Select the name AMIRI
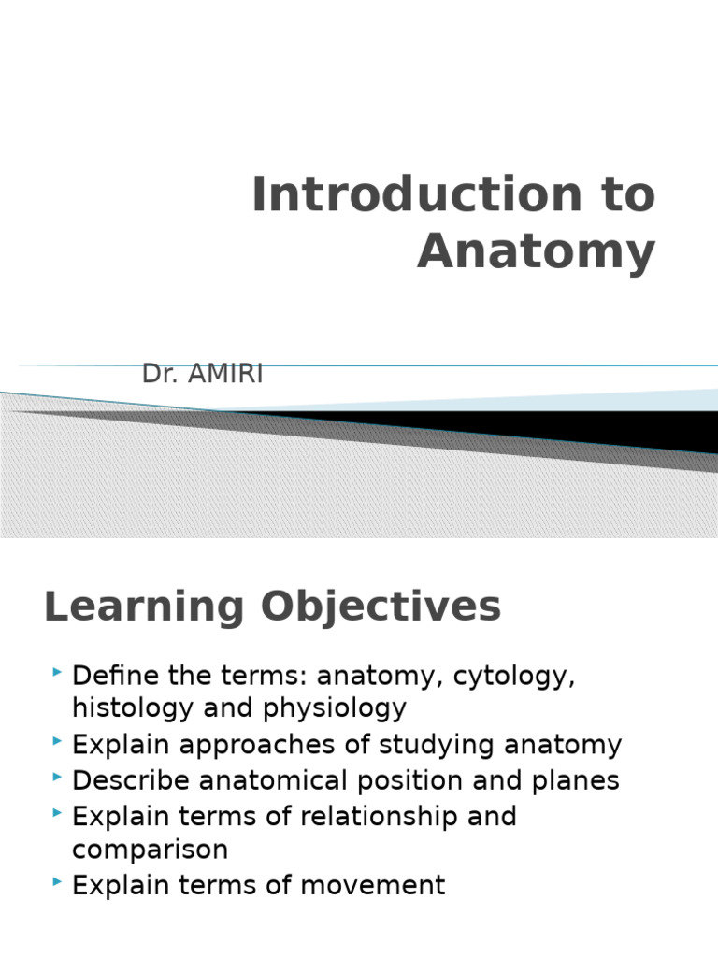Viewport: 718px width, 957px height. (x=225, y=374)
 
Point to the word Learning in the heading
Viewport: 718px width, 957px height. (x=144, y=607)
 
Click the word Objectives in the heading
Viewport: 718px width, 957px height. (x=381, y=607)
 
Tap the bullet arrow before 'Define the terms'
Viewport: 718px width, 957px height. (x=57, y=672)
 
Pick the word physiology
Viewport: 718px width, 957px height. (x=335, y=708)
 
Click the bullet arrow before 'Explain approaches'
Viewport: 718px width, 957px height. (x=57, y=741)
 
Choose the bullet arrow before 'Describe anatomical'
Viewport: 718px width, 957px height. (x=57, y=777)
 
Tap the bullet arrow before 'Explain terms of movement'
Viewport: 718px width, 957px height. (x=57, y=881)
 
